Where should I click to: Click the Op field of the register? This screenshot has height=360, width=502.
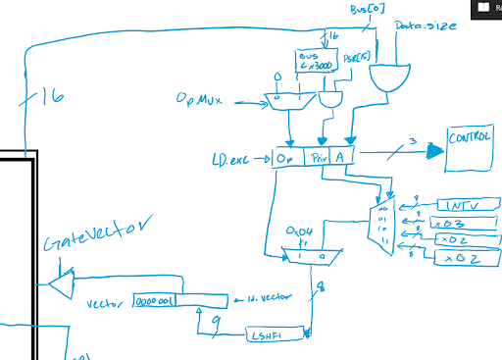click(x=285, y=157)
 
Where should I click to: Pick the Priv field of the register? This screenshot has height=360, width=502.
click(x=317, y=157)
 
